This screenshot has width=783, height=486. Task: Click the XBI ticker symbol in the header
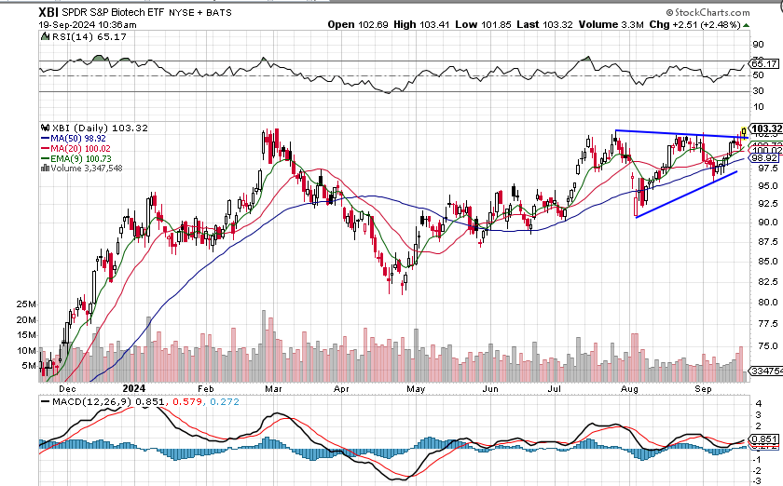pos(50,12)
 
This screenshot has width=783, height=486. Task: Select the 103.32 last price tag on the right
pos(764,128)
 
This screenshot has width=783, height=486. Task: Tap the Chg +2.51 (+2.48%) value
pos(707,24)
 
